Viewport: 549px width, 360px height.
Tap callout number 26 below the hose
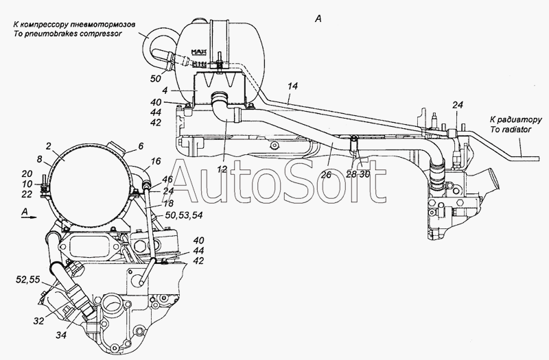click(x=326, y=174)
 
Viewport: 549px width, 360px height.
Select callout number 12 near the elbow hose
click(x=222, y=169)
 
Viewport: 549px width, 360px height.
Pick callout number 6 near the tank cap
click(x=141, y=146)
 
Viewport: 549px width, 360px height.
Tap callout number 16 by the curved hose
click(x=156, y=161)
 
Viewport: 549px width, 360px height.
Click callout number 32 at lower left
click(x=40, y=160)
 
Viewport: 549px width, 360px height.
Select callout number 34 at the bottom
click(x=61, y=335)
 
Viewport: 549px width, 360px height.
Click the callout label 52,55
click(x=28, y=279)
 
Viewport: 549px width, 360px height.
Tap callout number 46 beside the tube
click(x=167, y=180)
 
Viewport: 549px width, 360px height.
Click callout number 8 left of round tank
click(x=40, y=160)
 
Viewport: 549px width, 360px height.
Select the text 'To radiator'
click(x=511, y=130)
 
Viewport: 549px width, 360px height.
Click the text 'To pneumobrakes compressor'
click(x=67, y=34)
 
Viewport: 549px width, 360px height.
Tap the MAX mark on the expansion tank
click(x=198, y=53)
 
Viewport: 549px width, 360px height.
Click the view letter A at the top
click(x=318, y=19)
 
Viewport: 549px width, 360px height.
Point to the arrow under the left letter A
click(x=29, y=217)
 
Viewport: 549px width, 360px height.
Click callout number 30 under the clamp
click(x=364, y=174)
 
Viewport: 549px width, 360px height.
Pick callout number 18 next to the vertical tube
click(x=168, y=203)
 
